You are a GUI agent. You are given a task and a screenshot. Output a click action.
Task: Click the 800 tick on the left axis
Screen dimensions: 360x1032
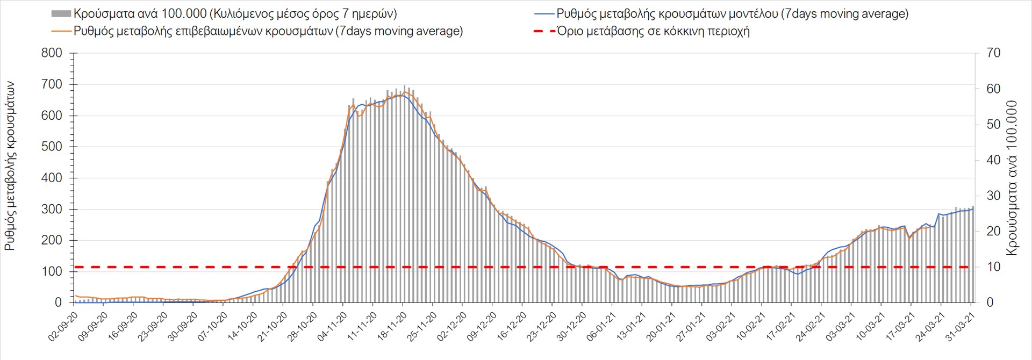coord(52,53)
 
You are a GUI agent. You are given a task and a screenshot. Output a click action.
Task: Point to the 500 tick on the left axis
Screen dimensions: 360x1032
coord(52,147)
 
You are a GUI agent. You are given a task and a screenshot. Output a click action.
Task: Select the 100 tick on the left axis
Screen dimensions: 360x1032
coord(52,271)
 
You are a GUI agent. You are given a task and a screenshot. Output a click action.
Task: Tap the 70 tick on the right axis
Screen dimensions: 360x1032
coord(993,53)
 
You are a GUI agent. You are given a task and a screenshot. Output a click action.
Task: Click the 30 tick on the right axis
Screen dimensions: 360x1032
coord(993,196)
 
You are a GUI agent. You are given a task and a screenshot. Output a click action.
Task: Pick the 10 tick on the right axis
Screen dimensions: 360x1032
coord(993,267)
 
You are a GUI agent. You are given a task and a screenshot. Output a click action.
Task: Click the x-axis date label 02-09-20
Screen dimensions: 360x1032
coord(63,326)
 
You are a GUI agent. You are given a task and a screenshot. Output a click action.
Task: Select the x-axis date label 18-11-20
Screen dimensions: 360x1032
coord(392,326)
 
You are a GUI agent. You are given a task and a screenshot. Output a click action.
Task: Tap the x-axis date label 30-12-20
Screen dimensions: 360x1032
coord(571,326)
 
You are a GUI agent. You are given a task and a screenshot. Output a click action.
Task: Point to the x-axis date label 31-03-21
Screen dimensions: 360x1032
coord(960,326)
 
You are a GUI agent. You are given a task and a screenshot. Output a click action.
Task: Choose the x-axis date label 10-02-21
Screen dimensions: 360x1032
coord(751,326)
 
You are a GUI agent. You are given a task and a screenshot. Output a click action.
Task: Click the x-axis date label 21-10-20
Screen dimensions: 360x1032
coord(273,326)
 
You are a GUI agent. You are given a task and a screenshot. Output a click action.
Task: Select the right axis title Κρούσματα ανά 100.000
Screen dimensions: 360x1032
coord(1013,178)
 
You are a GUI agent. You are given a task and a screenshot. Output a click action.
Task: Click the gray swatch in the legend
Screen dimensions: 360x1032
coord(61,13)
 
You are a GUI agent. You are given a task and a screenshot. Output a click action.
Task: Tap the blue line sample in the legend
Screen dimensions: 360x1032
coord(544,13)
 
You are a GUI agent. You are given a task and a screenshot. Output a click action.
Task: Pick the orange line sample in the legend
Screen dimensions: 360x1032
coord(61,31)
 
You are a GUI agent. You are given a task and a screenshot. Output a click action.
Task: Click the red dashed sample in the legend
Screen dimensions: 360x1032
coord(544,31)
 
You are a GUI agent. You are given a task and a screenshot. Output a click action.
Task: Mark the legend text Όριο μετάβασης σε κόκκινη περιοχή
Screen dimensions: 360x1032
coord(653,31)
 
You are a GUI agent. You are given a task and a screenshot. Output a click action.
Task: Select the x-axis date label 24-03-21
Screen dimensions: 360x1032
coord(930,326)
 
